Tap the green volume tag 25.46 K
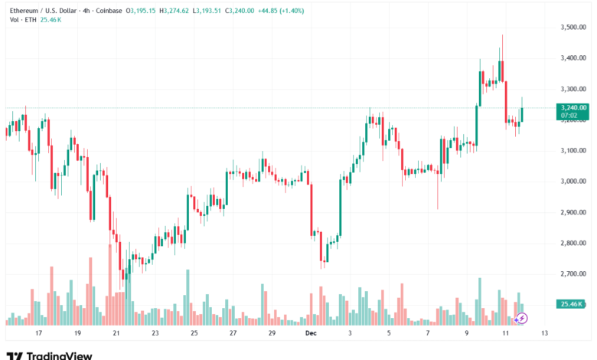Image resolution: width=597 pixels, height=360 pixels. coord(573,304)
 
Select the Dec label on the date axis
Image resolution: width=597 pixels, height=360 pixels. coord(311,334)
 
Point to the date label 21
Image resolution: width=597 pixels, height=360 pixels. coord(116,334)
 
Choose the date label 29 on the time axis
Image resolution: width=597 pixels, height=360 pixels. coord(272,334)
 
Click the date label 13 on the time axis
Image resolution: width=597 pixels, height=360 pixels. coord(544,334)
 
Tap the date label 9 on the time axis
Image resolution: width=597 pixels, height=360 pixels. coord(466,334)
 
